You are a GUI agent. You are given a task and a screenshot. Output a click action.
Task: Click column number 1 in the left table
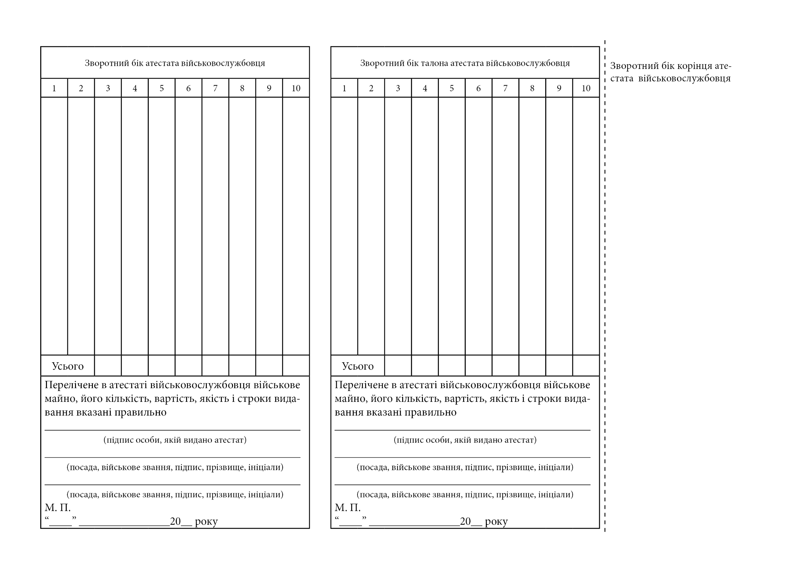pos(54,88)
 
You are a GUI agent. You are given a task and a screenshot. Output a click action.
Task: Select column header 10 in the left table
pos(296,88)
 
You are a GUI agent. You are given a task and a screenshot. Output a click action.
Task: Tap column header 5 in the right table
pos(451,88)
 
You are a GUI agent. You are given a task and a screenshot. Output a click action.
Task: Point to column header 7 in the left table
pos(215,88)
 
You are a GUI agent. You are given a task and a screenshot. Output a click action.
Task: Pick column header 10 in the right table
pos(586,88)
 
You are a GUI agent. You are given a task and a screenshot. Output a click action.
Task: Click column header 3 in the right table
pos(398,88)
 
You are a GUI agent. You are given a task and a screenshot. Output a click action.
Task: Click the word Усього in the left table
pos(68,366)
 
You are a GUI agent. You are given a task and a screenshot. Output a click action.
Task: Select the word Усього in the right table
pos(358,366)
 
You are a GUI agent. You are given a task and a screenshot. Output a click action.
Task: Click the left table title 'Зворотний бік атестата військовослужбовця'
pos(175,63)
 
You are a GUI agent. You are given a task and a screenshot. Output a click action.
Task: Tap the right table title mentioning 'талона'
pos(465,63)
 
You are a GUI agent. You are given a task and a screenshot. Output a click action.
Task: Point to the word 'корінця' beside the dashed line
pos(695,66)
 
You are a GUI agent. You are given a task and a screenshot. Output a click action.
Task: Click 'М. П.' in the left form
pos(58,508)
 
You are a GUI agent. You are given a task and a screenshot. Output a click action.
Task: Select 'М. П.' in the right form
pos(348,508)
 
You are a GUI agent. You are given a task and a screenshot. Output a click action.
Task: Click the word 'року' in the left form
pos(207,522)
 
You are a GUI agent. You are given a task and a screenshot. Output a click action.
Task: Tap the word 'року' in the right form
pos(496,522)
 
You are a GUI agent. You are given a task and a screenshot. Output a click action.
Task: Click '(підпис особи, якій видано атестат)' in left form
pos(175,440)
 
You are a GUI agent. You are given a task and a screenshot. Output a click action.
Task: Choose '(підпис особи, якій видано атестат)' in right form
pos(465,440)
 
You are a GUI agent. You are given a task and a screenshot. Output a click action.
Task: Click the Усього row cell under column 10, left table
pos(296,365)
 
